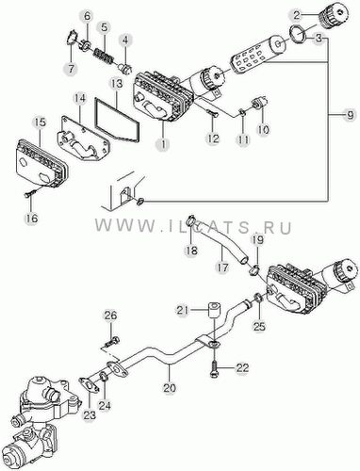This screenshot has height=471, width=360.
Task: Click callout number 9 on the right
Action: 349,116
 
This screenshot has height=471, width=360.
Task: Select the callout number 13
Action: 116,84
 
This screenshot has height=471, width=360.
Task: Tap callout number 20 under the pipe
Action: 170,387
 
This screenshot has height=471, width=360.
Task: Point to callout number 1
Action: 164,144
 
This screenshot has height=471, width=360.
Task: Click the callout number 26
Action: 111,315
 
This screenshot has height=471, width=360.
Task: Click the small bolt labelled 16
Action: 30,193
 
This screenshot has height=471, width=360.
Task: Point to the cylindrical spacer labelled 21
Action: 214,310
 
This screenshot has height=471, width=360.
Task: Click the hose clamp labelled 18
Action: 191,221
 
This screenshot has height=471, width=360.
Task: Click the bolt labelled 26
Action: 111,342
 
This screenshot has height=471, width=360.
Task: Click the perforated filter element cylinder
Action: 249,59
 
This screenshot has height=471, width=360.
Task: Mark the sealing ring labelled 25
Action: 258,297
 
